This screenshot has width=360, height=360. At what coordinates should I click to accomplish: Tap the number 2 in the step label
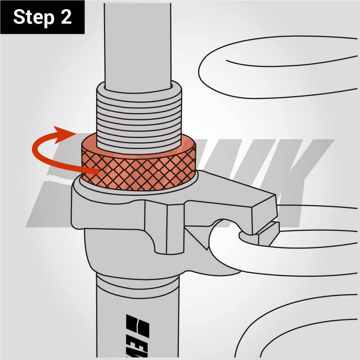[66, 17]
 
